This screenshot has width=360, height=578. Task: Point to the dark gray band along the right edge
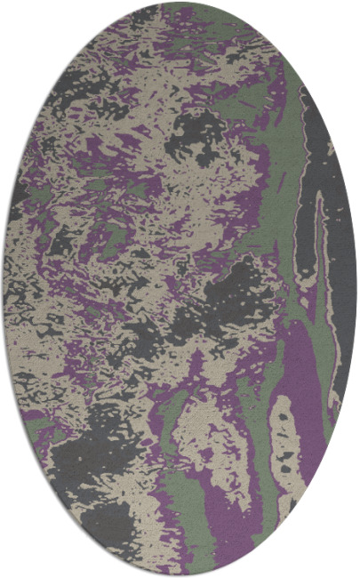pos(342,267)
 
